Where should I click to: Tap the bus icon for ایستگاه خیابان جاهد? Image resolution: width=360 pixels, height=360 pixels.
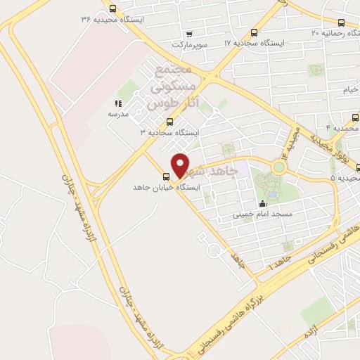tap(167, 176)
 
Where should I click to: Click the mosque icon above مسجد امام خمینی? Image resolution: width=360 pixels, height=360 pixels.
tap(262, 203)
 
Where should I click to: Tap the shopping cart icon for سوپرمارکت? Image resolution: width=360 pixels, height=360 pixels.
tap(188, 33)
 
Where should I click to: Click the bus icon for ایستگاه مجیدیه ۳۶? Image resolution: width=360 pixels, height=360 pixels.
tap(113, 8)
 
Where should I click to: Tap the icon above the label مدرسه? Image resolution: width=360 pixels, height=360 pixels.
tap(117, 103)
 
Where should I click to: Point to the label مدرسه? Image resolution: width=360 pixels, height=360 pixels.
tap(117, 113)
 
